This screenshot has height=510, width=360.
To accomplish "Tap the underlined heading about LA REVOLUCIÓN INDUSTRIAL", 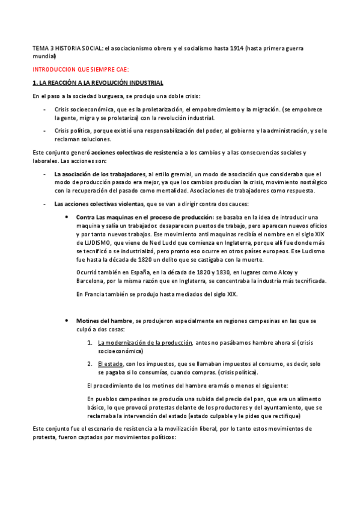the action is tap(97, 82).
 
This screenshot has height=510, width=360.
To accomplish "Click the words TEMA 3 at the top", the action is tap(43, 48).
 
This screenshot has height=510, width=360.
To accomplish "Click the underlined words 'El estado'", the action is tap(111, 364).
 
